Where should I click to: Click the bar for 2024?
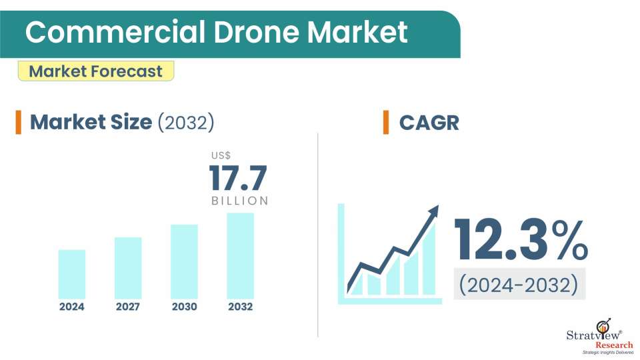[72, 274]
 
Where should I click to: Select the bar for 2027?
[128, 267]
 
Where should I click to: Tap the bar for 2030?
[184, 261]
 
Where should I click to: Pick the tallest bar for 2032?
[240, 255]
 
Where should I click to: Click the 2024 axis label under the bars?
[72, 307]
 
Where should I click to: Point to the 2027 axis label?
[128, 307]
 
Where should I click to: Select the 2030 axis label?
[184, 307]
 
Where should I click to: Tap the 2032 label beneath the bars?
[240, 307]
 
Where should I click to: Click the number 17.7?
[238, 178]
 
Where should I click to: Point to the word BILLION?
[240, 201]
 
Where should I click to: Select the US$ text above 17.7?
[221, 155]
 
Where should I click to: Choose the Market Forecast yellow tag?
[96, 71]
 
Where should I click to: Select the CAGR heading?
[429, 123]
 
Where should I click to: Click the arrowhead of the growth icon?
[433, 212]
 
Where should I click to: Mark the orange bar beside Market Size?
[19, 123]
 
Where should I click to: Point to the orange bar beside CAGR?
[386, 123]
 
